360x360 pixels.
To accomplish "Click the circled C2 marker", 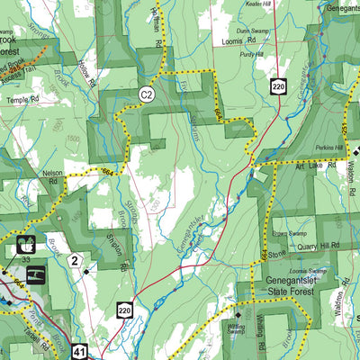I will point(145,93).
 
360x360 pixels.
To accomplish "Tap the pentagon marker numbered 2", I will point(76,261).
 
